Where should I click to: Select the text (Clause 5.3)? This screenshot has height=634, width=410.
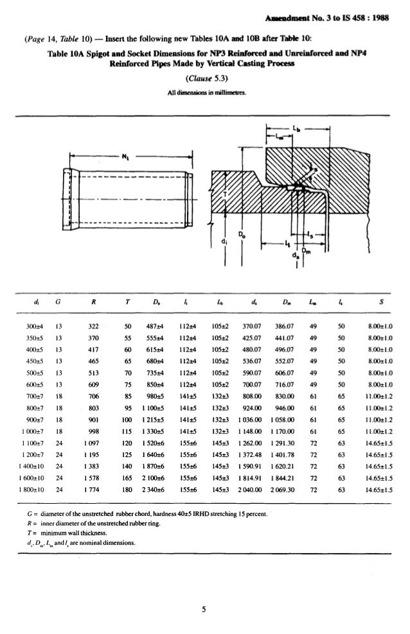coord(204,79)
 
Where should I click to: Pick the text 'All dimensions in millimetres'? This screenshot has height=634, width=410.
coord(204,90)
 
